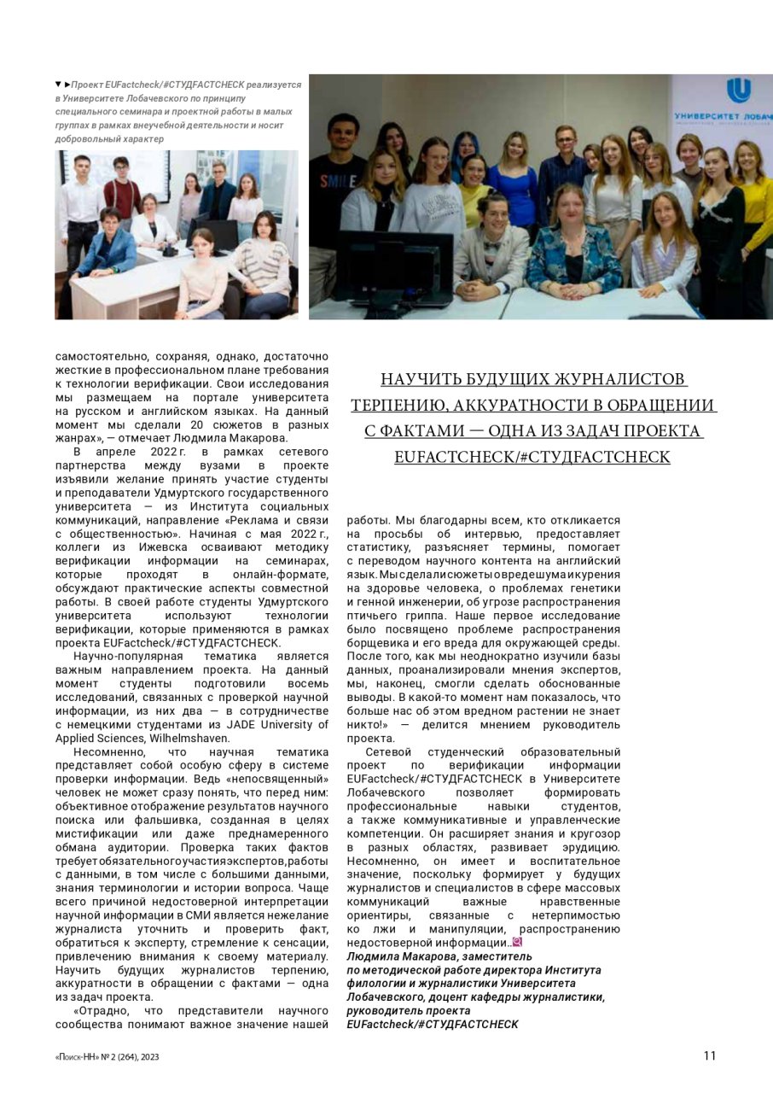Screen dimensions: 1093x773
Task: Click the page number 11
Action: tap(710, 1055)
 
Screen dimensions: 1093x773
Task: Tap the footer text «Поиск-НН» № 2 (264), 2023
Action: tap(107, 1056)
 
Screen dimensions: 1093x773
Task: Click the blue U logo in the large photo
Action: tap(738, 91)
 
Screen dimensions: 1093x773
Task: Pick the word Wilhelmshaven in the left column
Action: tap(189, 738)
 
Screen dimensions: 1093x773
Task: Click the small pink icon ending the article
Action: tap(517, 943)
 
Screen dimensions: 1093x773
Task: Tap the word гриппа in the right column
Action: tap(411, 615)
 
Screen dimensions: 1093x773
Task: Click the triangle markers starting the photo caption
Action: tap(62, 85)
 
